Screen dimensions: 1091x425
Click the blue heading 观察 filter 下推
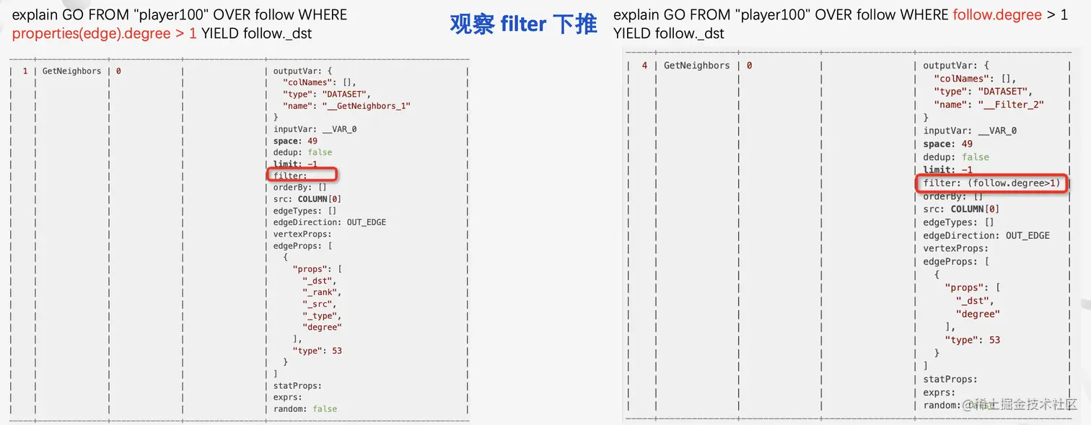point(523,25)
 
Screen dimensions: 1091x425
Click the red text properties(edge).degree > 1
point(105,34)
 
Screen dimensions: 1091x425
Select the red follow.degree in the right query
point(996,14)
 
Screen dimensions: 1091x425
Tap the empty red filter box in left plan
point(303,175)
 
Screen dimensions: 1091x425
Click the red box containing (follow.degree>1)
point(991,183)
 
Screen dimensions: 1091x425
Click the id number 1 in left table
point(25,71)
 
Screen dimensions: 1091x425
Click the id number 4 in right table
point(644,66)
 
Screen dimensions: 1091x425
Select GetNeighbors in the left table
point(72,71)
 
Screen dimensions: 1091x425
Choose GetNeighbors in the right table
point(696,66)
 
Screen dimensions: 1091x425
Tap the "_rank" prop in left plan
point(321,292)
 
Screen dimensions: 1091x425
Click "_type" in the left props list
point(321,315)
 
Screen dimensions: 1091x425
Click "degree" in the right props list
point(978,314)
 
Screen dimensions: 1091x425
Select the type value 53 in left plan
point(336,351)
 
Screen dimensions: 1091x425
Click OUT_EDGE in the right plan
point(1028,235)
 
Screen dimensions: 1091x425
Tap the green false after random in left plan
point(325,408)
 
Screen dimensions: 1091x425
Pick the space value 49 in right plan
point(967,144)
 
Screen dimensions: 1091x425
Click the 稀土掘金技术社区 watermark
point(1025,405)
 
